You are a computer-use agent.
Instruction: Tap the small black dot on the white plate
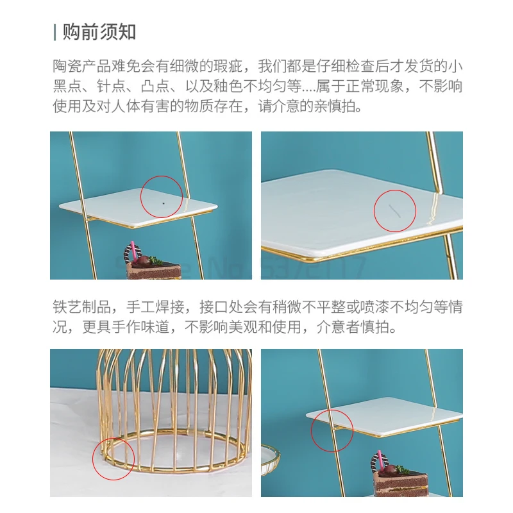coord(164,203)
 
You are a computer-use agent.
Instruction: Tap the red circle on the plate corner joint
coord(332,431)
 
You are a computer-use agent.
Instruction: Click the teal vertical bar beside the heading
coord(55,32)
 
